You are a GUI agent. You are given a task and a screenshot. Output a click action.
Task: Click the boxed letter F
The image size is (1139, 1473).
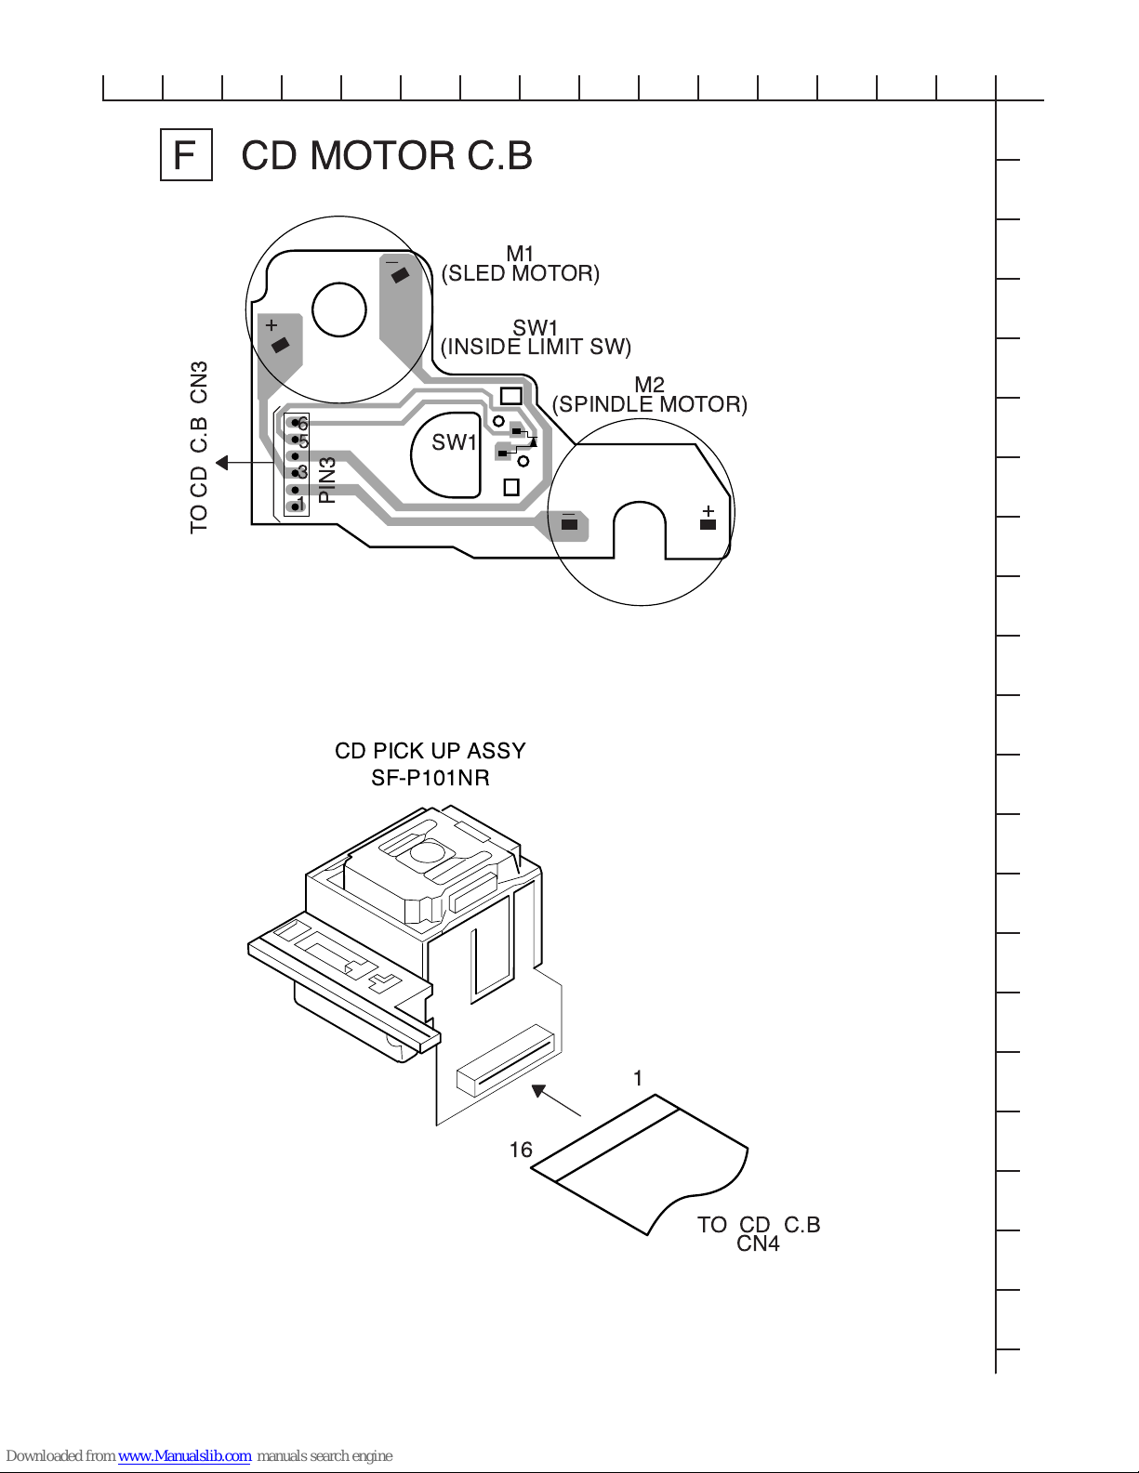186,155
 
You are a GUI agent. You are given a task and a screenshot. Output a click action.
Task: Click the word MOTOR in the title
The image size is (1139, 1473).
383,156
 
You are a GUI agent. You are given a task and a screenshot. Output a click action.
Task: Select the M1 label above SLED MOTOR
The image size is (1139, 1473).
520,254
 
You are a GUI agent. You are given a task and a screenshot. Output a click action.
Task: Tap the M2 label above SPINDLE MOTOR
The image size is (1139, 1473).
649,385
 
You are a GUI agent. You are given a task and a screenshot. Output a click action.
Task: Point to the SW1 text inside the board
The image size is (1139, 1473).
455,442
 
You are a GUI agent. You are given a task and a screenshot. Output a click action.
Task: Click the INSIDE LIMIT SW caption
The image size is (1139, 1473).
536,347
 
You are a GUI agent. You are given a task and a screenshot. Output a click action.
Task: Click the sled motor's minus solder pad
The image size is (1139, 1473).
400,274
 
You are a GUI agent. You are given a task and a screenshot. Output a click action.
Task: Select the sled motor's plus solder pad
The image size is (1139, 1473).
280,345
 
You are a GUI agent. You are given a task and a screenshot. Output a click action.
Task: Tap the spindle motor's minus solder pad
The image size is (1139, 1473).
569,524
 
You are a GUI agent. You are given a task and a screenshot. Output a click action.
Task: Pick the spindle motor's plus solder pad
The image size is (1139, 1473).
708,524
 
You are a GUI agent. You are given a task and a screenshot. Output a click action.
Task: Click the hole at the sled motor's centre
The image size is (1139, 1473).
339,309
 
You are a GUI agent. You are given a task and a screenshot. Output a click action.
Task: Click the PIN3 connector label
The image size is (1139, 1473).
326,480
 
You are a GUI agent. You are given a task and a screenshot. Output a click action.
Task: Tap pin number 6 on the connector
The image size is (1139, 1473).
302,424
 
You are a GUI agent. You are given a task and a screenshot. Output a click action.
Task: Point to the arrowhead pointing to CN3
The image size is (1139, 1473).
221,463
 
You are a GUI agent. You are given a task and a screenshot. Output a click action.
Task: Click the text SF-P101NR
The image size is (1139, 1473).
430,778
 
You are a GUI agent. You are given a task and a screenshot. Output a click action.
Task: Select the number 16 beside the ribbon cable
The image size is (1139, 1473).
521,1150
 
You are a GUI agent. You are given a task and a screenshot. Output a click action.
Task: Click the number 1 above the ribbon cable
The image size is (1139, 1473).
637,1078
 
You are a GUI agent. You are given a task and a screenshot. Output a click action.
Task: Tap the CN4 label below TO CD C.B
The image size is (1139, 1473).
758,1243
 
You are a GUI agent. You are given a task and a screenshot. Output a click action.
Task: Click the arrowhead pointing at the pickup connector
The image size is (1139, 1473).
539,1091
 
